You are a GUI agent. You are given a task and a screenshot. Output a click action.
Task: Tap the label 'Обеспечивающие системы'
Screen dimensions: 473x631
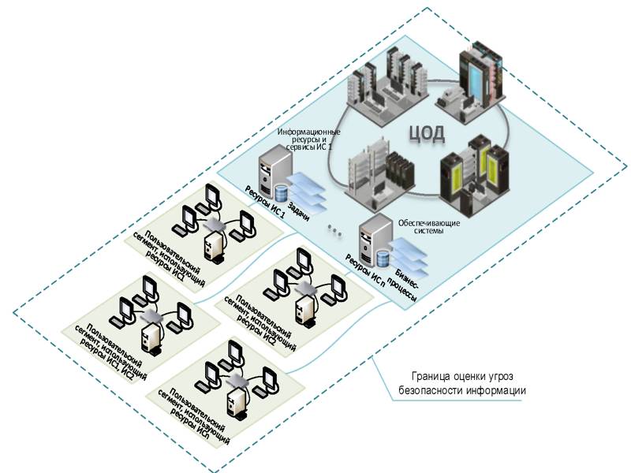coord(421,227)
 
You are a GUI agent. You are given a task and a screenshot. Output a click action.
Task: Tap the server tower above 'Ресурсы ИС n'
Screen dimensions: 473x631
coord(371,237)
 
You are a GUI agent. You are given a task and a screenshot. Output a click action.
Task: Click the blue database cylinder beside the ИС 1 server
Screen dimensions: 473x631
coord(282,192)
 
